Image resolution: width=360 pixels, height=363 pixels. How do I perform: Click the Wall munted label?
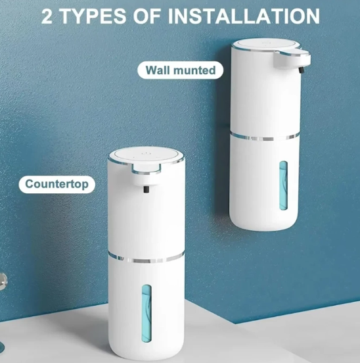[179, 70]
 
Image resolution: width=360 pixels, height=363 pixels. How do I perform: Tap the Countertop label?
[56, 183]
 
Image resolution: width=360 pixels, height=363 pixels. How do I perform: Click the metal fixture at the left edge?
[3, 279]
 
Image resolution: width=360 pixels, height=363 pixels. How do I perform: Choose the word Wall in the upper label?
[158, 70]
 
